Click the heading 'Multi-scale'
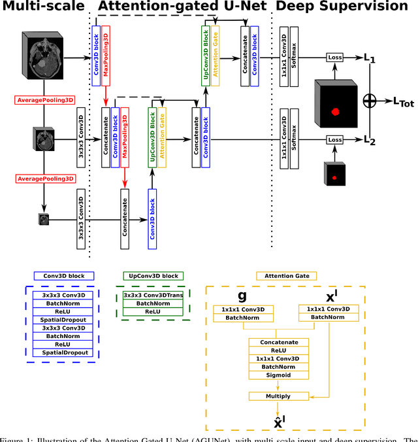43,7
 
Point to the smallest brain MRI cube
44,218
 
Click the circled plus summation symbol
370,99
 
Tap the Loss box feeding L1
334,58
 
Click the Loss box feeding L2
334,139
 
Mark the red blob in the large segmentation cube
336,112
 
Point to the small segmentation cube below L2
334,175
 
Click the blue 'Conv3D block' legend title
64,276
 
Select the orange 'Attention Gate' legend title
287,276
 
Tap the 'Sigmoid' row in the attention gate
278,376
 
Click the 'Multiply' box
278,396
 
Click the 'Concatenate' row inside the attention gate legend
278,342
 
